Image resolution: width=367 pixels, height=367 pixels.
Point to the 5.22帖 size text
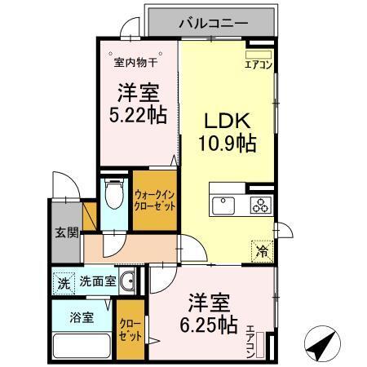point(136,113)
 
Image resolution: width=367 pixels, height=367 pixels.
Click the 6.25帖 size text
point(210,325)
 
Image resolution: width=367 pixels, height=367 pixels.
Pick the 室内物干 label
point(135,62)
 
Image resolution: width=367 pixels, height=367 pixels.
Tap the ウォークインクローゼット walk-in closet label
point(153,201)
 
